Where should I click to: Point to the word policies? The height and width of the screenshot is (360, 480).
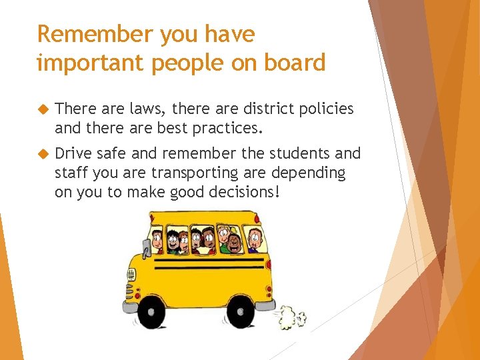click(x=324, y=109)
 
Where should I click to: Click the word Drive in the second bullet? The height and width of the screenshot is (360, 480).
click(x=73, y=153)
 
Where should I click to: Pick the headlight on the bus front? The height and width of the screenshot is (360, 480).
click(x=131, y=274)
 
